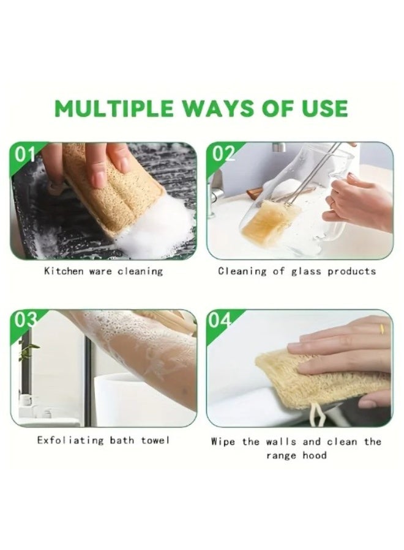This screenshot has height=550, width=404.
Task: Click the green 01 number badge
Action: [26, 154]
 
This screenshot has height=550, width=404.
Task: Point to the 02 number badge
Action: [223, 154]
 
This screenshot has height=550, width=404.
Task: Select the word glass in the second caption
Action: [302, 271]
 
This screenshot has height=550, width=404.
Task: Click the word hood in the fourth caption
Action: [314, 455]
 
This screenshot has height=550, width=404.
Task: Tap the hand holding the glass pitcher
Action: [358, 202]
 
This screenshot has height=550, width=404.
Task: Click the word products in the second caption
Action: [351, 271]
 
